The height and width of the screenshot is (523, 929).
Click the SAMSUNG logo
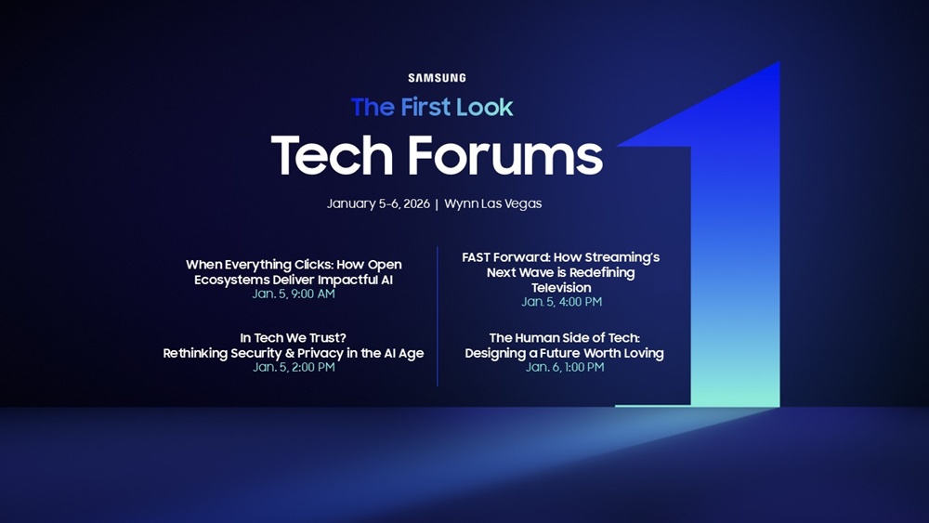[437, 78]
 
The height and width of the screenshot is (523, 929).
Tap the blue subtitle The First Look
[432, 108]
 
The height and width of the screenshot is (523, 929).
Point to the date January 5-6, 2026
[378, 203]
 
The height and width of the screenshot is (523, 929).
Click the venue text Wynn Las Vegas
[493, 203]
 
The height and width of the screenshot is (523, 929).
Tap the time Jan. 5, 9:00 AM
[294, 294]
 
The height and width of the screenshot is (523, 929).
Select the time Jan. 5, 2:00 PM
[294, 367]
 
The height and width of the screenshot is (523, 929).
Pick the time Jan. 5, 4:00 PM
[561, 302]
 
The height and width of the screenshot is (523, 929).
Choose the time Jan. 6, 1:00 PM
[565, 367]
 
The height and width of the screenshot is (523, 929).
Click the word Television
[561, 287]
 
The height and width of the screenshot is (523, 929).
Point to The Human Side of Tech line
[565, 338]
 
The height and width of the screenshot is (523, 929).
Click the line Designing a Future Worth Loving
[565, 353]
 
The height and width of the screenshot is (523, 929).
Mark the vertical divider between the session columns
[438, 316]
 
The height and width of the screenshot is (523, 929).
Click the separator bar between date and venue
[437, 203]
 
